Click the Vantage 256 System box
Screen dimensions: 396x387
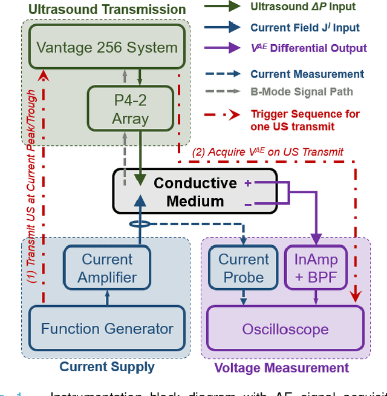pyautogui.click(x=108, y=47)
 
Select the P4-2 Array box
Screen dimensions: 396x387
pyautogui.click(x=130, y=108)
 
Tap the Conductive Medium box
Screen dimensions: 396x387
pyautogui.click(x=195, y=191)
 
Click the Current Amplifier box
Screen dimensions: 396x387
pyautogui.click(x=107, y=269)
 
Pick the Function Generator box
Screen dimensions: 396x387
pyautogui.click(x=107, y=329)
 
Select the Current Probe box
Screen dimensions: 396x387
pyautogui.click(x=244, y=269)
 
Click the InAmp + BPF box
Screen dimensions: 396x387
pyautogui.click(x=317, y=269)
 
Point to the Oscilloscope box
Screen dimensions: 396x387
pyautogui.click(x=285, y=329)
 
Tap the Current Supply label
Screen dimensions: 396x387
pyautogui.click(x=107, y=367)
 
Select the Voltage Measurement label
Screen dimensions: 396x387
pyautogui.click(x=282, y=368)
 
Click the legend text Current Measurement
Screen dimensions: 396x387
pyautogui.click(x=307, y=74)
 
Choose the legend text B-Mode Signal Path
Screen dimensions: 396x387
pyautogui.click(x=301, y=92)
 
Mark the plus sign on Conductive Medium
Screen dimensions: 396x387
pyautogui.click(x=248, y=183)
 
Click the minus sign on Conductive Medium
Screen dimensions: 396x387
pyautogui.click(x=248, y=205)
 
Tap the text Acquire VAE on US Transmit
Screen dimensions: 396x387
pyautogui.click(x=268, y=153)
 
